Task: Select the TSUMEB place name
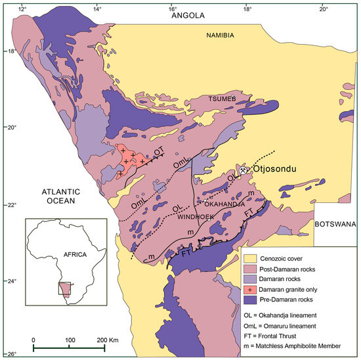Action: (x=220, y=99)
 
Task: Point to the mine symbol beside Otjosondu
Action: (x=244, y=169)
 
